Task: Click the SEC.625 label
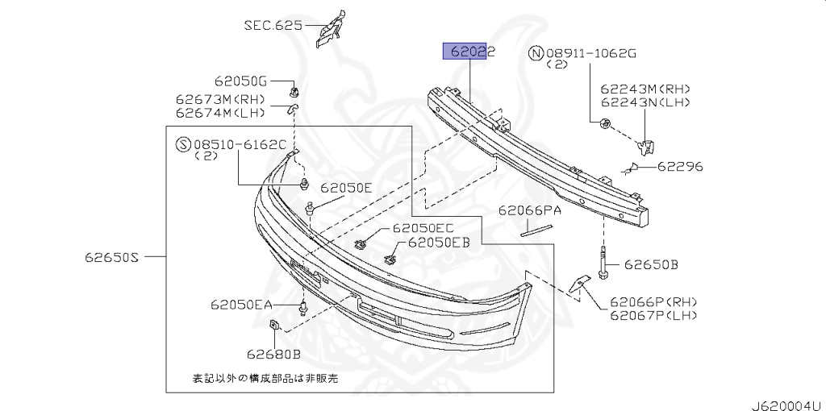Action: click(x=273, y=25)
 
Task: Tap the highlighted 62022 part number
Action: click(x=468, y=52)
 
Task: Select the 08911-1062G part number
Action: click(x=591, y=54)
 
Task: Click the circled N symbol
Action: click(x=536, y=54)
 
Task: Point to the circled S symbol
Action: click(x=183, y=145)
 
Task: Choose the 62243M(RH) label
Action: click(x=645, y=89)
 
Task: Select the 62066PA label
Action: click(x=529, y=211)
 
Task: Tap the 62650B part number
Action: click(x=650, y=264)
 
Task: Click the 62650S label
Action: click(x=112, y=258)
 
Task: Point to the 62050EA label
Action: click(x=241, y=305)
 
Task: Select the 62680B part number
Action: click(x=273, y=353)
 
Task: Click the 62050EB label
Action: click(x=438, y=242)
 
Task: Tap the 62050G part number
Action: click(x=240, y=81)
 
